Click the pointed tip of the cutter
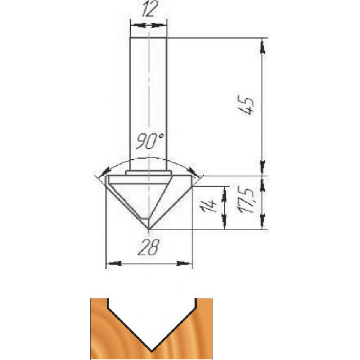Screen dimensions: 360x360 (x=149, y=229)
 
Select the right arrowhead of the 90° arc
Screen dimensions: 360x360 (x=193, y=171)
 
